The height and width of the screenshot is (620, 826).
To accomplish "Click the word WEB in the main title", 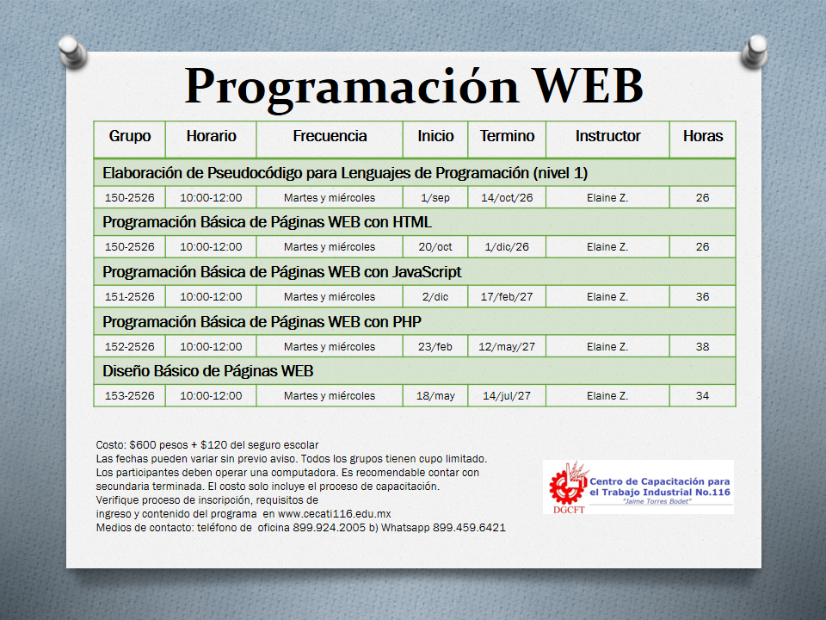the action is (x=589, y=86).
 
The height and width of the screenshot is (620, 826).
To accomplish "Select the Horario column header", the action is (x=212, y=136).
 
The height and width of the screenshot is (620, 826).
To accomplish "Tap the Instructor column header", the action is (x=607, y=136).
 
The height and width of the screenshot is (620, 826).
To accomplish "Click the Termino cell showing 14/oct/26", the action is (x=507, y=198).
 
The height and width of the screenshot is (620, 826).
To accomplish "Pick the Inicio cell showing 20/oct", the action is (x=435, y=247).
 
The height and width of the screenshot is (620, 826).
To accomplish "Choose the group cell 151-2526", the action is (x=130, y=297).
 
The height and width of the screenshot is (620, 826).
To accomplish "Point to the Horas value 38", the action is (x=702, y=346).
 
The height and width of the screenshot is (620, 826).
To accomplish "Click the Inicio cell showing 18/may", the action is (x=435, y=396).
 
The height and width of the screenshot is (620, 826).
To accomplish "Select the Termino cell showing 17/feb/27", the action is (x=507, y=297).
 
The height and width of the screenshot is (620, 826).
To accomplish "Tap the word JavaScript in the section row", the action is (x=427, y=272).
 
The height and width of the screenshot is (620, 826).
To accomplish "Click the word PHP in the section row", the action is (x=407, y=321).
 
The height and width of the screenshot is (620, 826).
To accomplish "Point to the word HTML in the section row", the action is (x=412, y=222).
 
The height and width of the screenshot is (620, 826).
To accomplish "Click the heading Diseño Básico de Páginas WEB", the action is (x=207, y=371).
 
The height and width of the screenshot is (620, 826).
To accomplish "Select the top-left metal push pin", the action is (x=72, y=51).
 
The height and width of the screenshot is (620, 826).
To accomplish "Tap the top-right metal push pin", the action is (x=755, y=51).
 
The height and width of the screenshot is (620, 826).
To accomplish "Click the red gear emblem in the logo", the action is (x=566, y=486).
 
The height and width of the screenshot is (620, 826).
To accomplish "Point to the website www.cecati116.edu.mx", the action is (x=334, y=514).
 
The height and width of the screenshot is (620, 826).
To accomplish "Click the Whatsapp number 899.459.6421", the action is (x=469, y=528).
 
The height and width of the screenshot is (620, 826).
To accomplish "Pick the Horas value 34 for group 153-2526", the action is (x=702, y=396).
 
